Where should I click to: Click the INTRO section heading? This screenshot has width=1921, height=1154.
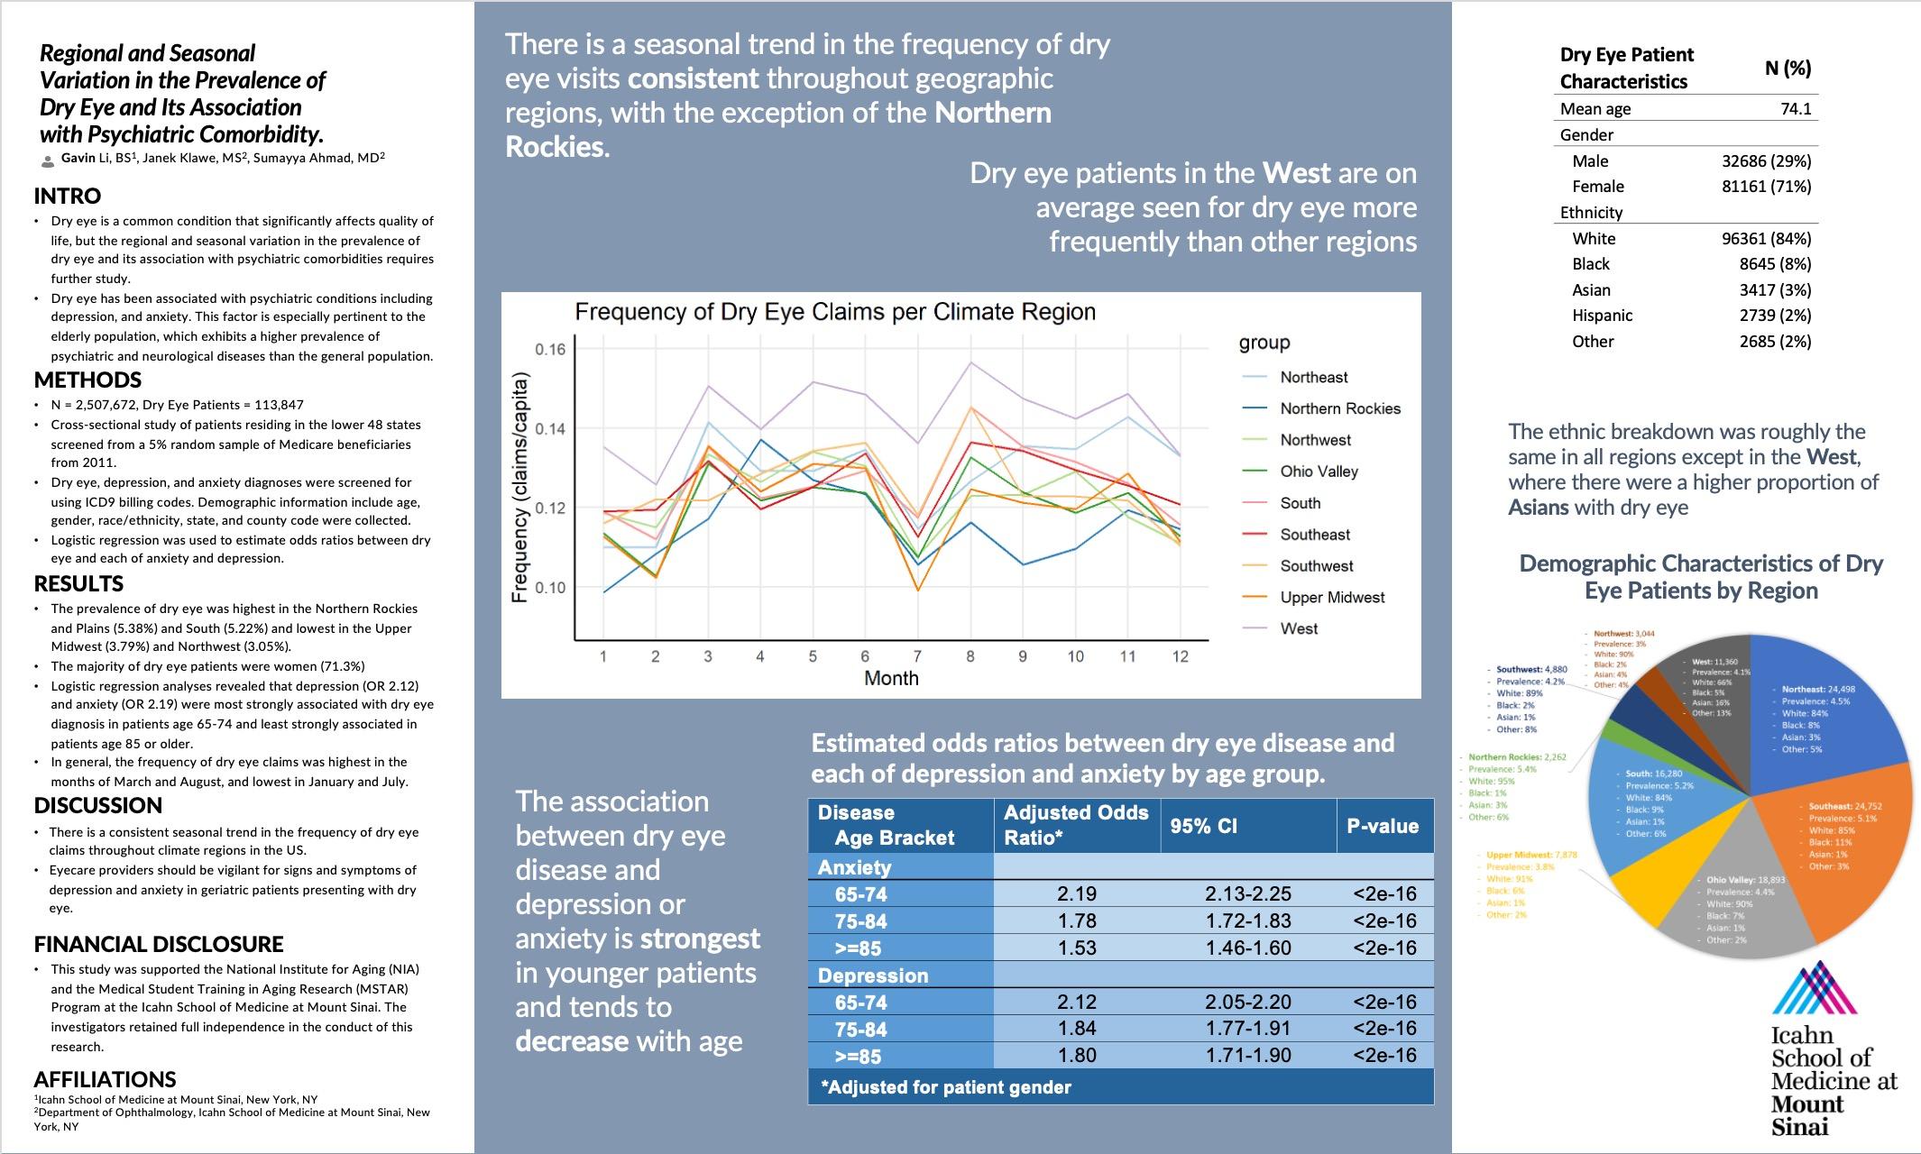pos(68,196)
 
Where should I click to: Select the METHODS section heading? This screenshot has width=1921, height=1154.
pos(87,380)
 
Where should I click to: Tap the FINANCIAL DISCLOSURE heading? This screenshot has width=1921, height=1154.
pos(159,944)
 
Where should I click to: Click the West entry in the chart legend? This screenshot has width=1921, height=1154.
pos(1299,628)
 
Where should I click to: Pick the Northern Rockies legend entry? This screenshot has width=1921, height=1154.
pos(1340,408)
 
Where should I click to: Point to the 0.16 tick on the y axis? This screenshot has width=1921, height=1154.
pos(550,349)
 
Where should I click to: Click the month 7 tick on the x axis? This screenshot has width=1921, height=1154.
pos(917,656)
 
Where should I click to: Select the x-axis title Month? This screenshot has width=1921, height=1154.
pos(891,678)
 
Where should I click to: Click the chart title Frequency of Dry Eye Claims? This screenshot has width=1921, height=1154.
pos(835,312)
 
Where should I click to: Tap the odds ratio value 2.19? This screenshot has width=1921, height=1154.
pos(1077,893)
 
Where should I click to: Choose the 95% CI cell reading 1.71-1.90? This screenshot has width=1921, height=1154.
pos(1248,1055)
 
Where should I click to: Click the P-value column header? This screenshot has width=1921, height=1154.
pos(1383,826)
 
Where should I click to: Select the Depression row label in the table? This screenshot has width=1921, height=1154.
pos(872,975)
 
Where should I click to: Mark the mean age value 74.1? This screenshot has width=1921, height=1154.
pos(1796,109)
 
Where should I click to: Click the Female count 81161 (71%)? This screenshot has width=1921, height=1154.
pos(1766,187)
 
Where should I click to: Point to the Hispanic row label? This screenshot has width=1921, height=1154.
pos(1602,316)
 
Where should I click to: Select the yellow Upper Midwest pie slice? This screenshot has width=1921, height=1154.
pos(1655,893)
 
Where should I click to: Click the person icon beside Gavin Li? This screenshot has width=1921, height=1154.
pos(48,160)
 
